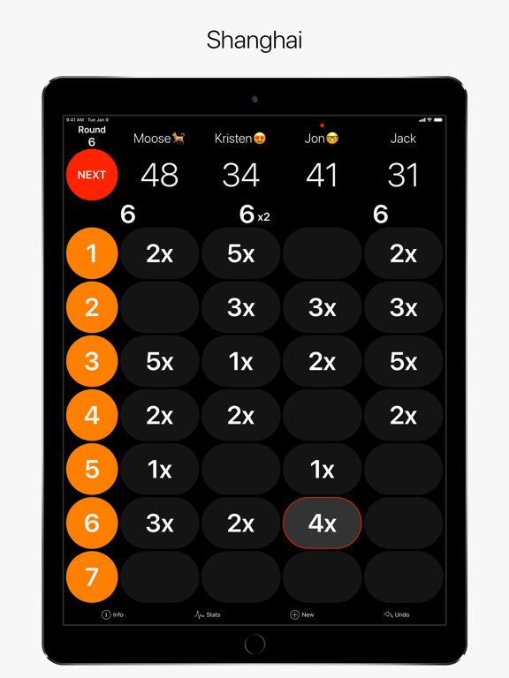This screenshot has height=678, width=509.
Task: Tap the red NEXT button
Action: click(92, 175)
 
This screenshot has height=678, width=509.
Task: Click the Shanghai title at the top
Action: click(254, 40)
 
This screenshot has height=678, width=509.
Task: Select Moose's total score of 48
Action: click(160, 175)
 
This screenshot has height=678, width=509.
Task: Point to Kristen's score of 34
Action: click(240, 175)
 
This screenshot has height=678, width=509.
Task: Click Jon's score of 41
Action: click(322, 175)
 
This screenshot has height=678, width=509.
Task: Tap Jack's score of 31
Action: click(403, 175)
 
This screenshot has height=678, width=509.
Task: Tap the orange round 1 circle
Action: click(92, 253)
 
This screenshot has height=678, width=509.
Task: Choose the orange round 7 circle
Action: click(92, 576)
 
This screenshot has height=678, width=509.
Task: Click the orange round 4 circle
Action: click(92, 415)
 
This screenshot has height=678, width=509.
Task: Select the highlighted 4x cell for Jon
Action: click(322, 523)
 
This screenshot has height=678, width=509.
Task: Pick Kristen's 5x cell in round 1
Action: click(240, 253)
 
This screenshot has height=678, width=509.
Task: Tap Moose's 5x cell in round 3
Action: click(160, 361)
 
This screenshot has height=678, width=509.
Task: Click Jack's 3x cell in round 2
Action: click(403, 307)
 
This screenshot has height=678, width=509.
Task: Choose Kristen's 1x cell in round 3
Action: click(240, 361)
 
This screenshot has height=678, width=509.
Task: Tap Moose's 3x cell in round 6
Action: click(160, 523)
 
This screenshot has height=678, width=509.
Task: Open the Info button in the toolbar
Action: click(112, 614)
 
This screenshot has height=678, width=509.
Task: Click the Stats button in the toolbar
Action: click(208, 614)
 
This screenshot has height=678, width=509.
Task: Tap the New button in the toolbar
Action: click(302, 614)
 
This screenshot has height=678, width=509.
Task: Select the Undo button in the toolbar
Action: click(397, 614)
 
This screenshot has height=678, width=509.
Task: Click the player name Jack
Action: click(403, 139)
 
